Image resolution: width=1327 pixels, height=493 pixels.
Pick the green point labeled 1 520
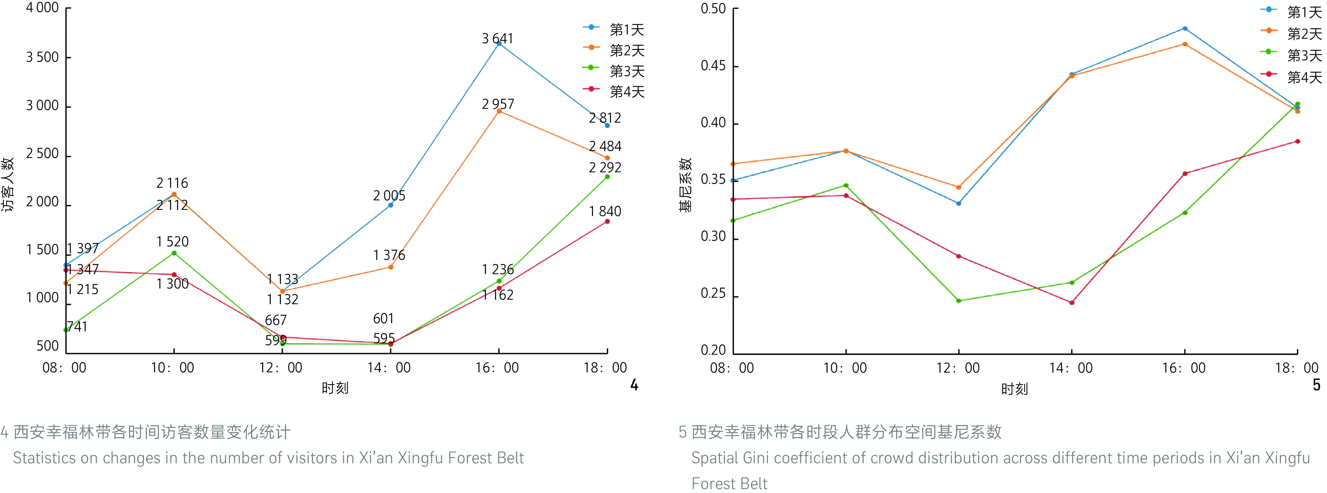(x=174, y=253)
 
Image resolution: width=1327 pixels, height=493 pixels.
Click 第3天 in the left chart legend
(x=626, y=71)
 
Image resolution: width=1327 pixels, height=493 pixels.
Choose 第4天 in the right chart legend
(x=1304, y=77)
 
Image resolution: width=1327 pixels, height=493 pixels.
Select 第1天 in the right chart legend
(x=1304, y=12)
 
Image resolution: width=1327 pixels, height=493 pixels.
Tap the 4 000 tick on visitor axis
(x=42, y=8)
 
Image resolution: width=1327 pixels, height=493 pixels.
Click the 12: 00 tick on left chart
(x=281, y=367)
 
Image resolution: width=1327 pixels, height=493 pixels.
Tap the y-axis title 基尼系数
(x=685, y=185)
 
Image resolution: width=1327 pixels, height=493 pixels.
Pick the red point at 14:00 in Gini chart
(x=1071, y=302)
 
